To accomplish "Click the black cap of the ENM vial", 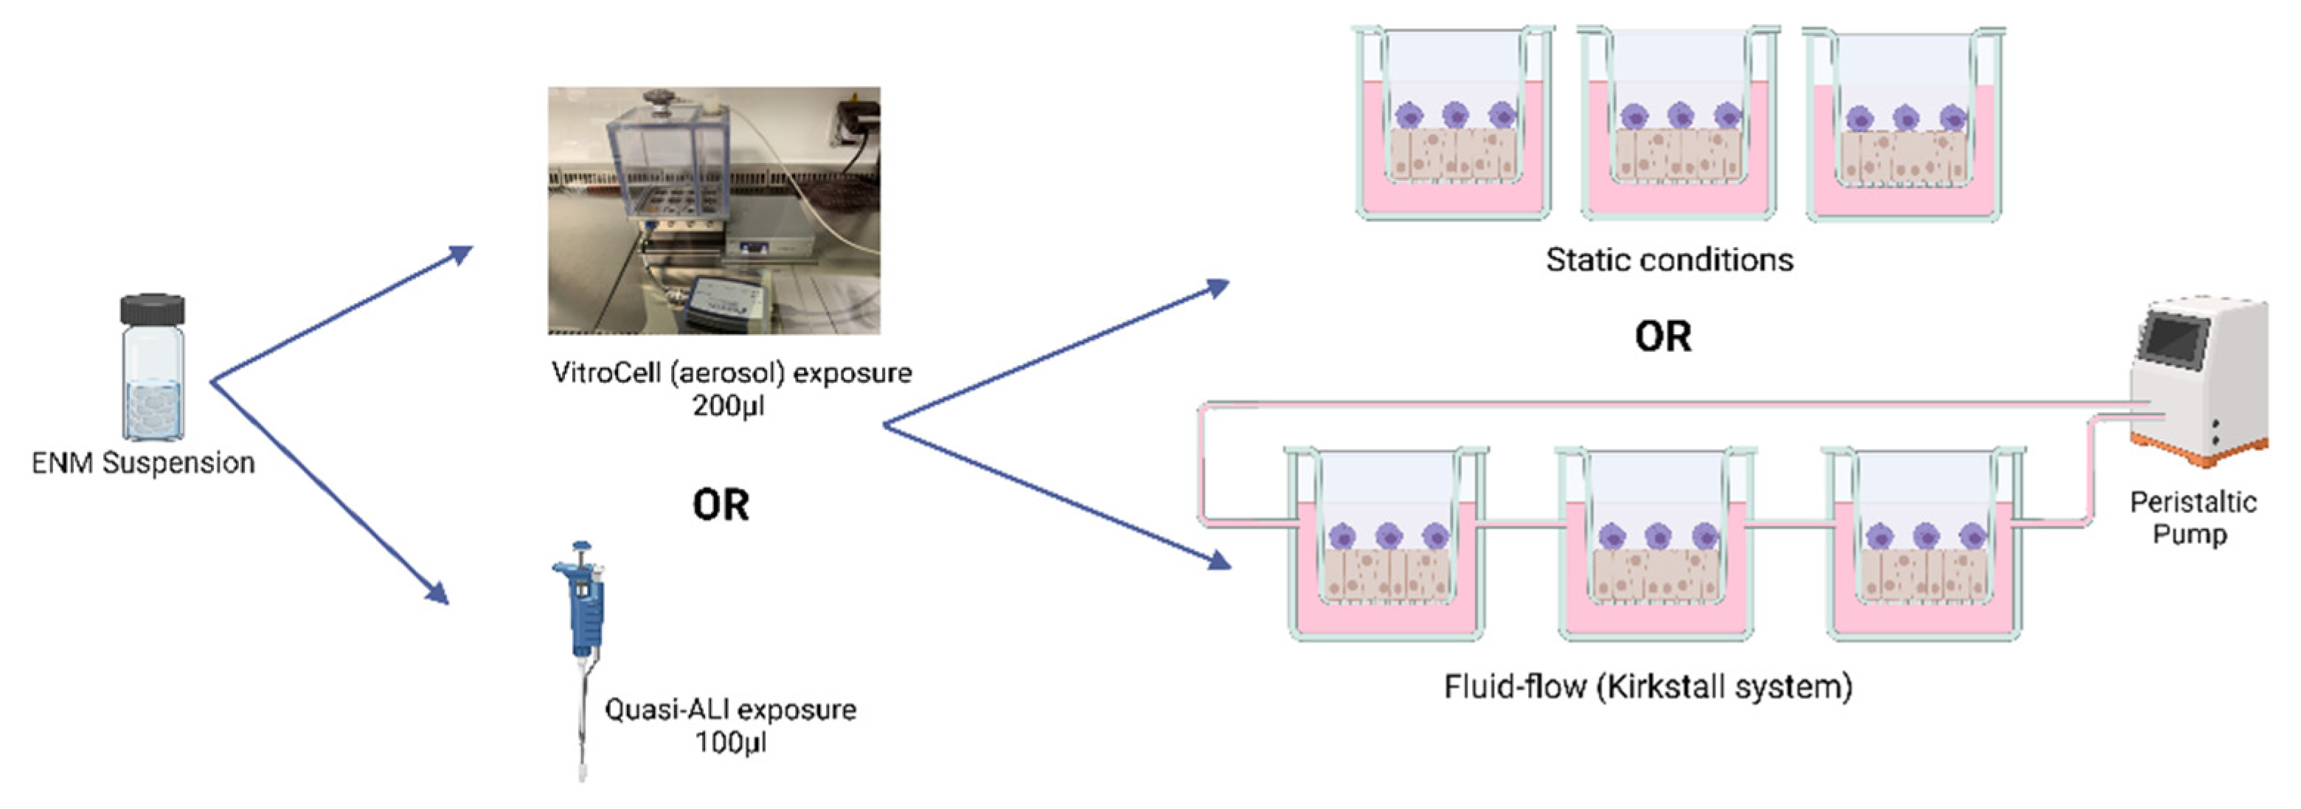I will (x=153, y=310).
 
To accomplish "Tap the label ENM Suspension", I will (x=143, y=462).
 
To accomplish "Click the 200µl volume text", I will (x=728, y=406).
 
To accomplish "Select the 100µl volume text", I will (x=730, y=741).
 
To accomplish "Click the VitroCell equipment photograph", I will (x=714, y=211).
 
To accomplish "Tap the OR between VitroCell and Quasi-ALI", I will (x=721, y=504).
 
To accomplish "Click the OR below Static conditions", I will (x=1662, y=336).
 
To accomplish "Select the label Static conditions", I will (x=1668, y=260).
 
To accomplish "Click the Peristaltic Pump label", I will (x=2192, y=518).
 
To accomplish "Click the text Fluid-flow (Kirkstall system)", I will (x=1648, y=686).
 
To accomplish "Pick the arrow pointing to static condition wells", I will (x=1054, y=353).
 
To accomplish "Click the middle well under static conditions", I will (x=1679, y=125).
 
